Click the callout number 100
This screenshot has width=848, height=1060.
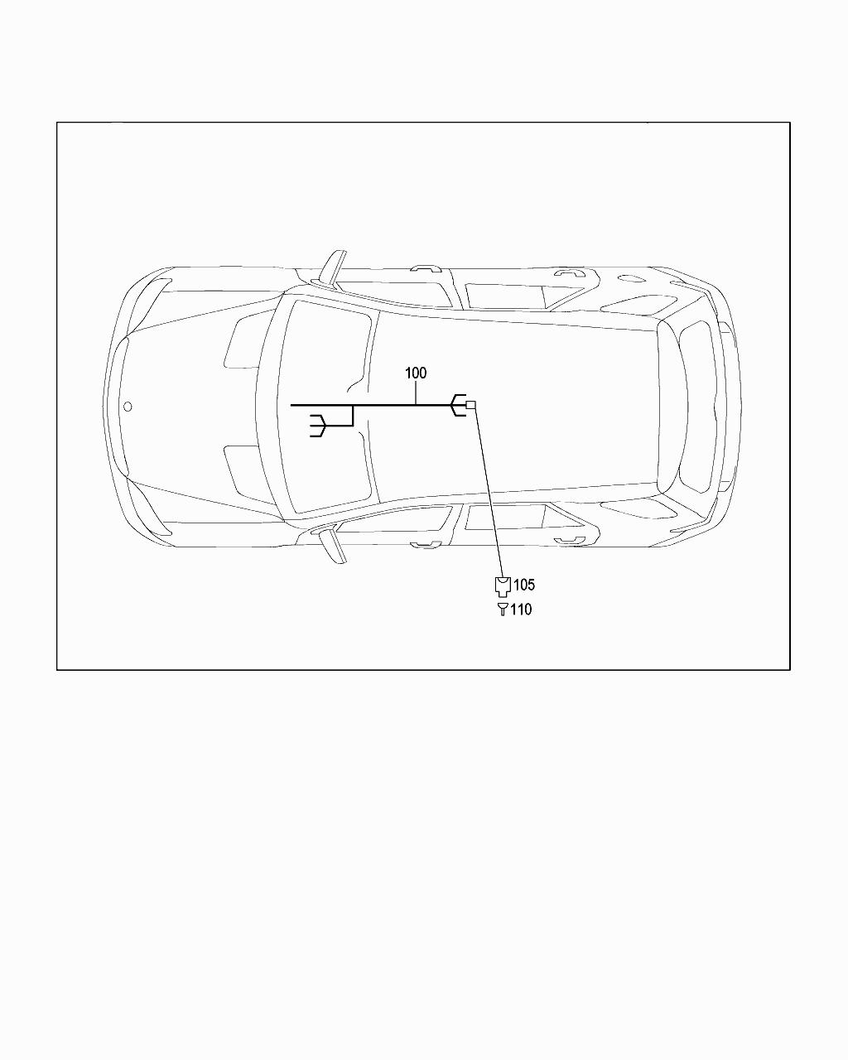pos(416,373)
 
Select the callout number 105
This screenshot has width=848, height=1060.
pos(523,585)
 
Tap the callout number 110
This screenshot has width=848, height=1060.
pos(521,609)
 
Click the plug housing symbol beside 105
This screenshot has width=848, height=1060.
pos(503,586)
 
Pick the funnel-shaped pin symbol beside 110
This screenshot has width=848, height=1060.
pos(502,609)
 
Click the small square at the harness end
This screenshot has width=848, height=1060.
pos(470,406)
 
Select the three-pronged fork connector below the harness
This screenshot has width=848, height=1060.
pos(318,425)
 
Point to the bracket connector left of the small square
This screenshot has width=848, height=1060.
pos(458,406)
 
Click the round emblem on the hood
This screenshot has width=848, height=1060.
pos(128,407)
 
